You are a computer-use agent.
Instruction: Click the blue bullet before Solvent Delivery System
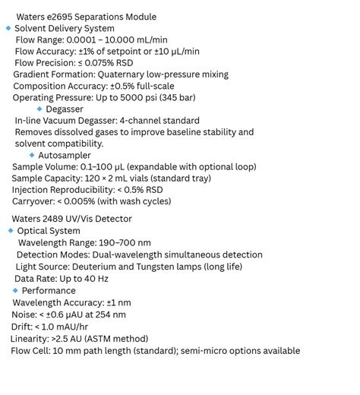click(8, 28)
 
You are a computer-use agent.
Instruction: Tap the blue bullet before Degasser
click(39, 109)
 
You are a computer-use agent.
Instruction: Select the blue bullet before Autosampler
click(32, 155)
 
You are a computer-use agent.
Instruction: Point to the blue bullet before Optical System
click(11, 230)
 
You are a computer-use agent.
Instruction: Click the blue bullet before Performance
click(15, 290)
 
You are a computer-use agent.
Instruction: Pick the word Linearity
click(29, 339)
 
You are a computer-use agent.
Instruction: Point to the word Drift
click(22, 327)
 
